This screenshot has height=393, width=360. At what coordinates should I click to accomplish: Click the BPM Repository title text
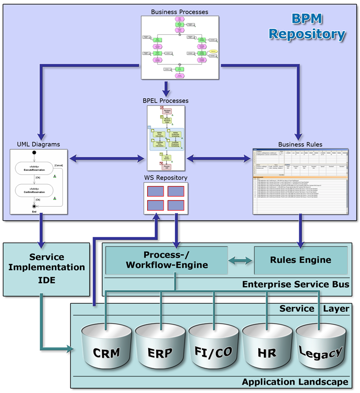click(307, 27)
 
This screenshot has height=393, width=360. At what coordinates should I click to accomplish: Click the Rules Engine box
click(300, 260)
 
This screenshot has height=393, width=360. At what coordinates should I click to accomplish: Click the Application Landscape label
click(295, 382)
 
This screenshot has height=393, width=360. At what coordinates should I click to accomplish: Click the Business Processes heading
click(179, 11)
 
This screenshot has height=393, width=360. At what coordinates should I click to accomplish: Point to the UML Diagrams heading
click(39, 144)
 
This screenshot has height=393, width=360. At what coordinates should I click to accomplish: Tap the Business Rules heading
click(300, 144)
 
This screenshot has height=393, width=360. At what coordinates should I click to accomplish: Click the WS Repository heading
click(166, 178)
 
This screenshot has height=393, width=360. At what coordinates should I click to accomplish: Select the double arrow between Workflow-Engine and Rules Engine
click(240, 260)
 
